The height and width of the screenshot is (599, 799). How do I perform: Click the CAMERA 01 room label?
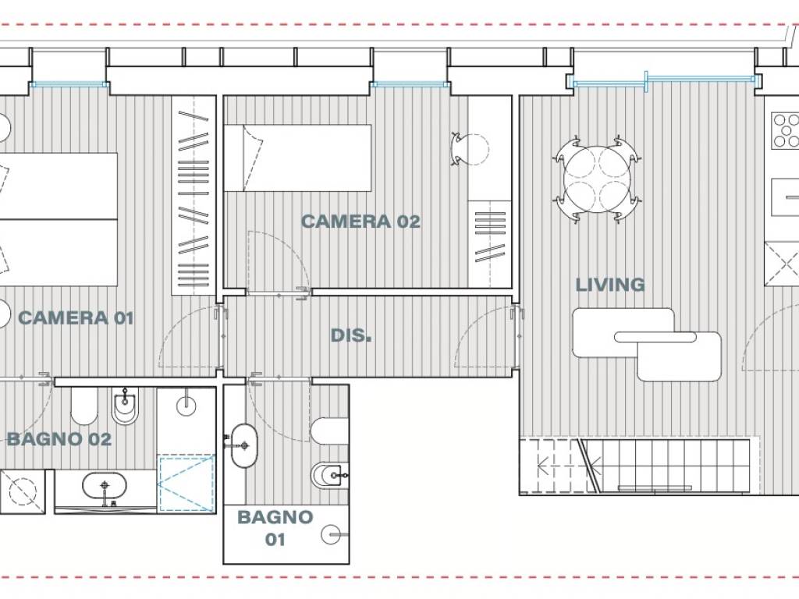pos(76,318)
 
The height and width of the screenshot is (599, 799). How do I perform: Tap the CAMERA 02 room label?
pos(360,222)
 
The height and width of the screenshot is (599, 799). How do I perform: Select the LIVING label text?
pos(610,285)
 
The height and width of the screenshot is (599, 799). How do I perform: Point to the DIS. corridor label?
pos(351,335)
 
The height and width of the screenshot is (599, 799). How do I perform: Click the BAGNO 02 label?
pos(59,439)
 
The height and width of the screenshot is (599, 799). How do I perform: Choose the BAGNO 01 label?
pos(275,528)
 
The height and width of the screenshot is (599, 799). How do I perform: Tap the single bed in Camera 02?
pos(297,158)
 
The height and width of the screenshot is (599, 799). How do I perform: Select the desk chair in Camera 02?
pos(470,149)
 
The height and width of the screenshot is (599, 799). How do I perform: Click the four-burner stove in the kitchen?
pos(785,131)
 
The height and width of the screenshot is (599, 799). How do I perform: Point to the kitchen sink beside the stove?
pos(785,197)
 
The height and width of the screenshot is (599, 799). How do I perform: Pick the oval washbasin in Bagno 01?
pos(243,445)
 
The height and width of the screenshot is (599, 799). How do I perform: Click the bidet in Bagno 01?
pos(329,476)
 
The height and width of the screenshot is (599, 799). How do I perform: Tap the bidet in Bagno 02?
pos(126,406)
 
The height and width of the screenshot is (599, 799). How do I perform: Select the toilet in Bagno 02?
pos(84,406)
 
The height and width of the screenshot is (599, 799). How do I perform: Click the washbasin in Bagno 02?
pos(105,487)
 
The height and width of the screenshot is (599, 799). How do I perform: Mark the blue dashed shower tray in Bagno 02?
pos(186,484)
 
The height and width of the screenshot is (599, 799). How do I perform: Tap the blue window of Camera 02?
pos(410,84)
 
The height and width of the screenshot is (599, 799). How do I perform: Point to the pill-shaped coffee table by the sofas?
pos(655,337)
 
